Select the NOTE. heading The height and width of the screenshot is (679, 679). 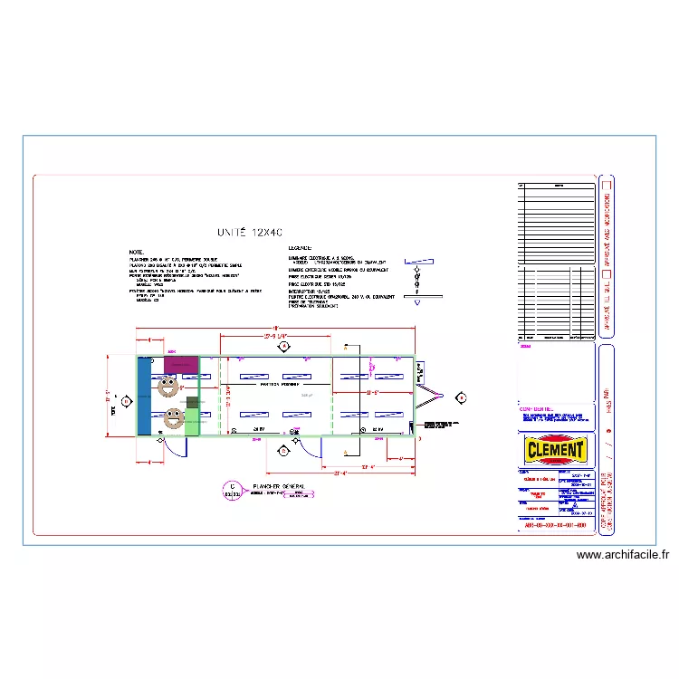point(136,252)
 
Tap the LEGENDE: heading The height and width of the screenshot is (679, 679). point(300,247)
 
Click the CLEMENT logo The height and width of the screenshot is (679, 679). point(556,450)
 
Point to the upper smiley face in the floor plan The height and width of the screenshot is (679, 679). point(167,387)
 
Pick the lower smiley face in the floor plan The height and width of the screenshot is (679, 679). point(172,418)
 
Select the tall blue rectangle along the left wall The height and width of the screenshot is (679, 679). point(145,397)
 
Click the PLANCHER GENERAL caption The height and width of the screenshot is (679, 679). point(278,486)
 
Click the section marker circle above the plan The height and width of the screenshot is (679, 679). point(283,346)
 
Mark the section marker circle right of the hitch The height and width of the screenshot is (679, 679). point(461,397)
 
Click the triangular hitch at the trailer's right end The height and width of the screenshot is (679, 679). point(429,396)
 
